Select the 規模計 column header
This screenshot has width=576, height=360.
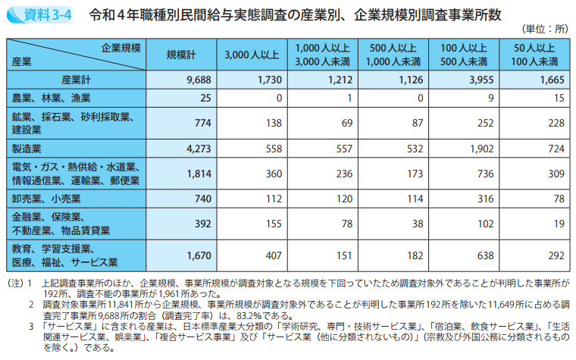(182, 55)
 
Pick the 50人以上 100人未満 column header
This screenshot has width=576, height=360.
(534, 55)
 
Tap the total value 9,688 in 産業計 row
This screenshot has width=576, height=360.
(196, 80)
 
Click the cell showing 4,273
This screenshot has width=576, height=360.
(196, 149)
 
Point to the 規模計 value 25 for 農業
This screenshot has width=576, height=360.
(202, 98)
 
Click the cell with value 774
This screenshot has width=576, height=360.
(200, 123)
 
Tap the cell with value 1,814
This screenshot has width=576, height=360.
(196, 174)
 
